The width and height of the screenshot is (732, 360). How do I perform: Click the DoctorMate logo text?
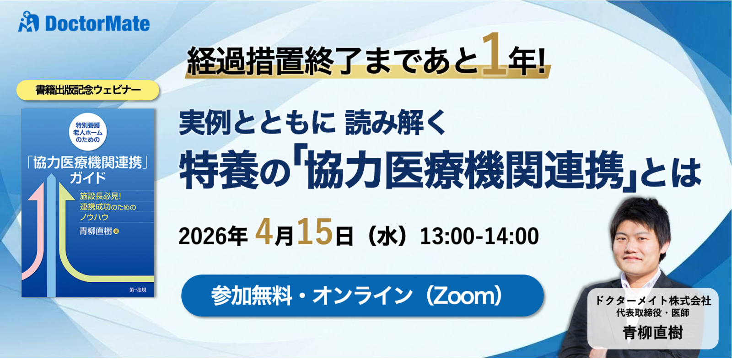click(97, 24)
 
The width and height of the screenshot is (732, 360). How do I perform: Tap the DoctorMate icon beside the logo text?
click(28, 22)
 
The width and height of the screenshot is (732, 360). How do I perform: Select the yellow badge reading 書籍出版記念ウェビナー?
click(88, 90)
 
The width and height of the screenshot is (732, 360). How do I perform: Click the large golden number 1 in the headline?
click(494, 54)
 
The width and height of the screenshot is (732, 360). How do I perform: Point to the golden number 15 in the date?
click(315, 232)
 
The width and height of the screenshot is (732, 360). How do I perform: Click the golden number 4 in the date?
click(264, 232)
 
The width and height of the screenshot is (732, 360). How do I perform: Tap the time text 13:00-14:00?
click(479, 236)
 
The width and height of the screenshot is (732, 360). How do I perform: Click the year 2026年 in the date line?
click(213, 236)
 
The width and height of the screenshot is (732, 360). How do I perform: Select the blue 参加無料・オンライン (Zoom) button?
click(362, 296)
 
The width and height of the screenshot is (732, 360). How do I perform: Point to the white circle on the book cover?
click(88, 132)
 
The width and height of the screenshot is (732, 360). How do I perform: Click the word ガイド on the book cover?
click(88, 177)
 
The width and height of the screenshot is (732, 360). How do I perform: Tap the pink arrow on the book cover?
click(35, 238)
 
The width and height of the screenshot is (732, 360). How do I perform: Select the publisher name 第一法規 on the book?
click(138, 290)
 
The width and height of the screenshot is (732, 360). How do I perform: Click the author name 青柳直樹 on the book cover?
click(96, 231)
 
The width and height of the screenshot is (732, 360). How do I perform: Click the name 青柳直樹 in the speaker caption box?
click(652, 333)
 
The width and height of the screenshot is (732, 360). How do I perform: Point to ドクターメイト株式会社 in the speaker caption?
click(652, 301)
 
